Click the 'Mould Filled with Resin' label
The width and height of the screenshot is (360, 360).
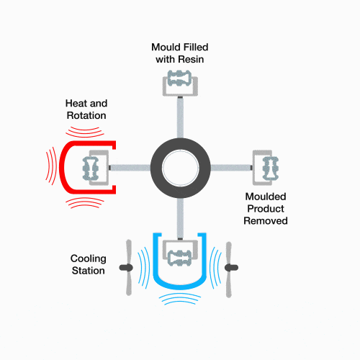coord(180,53)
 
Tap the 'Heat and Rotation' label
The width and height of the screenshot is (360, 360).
coord(86,109)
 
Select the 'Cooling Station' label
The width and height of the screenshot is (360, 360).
coord(89,264)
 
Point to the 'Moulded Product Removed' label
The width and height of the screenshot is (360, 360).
coord(266,209)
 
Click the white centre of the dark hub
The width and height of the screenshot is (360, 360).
coord(181,168)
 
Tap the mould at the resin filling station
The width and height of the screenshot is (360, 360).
coord(180,83)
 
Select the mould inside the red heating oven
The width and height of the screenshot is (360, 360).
coord(96,168)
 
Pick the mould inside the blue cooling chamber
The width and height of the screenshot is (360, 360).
coord(180,253)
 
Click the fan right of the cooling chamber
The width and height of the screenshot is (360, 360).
coord(229,269)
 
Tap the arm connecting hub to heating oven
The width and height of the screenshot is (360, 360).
coord(130,168)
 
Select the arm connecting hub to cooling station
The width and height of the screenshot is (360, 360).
coord(180,218)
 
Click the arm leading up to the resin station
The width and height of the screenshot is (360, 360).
coord(180,117)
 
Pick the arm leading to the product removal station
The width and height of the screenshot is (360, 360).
coord(231,168)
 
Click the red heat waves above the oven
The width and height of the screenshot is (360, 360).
coord(85,132)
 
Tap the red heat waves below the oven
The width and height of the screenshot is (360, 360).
coord(85,203)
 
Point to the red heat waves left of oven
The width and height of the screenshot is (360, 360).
coord(51,166)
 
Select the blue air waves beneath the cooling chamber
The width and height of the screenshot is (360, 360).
coord(180,299)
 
